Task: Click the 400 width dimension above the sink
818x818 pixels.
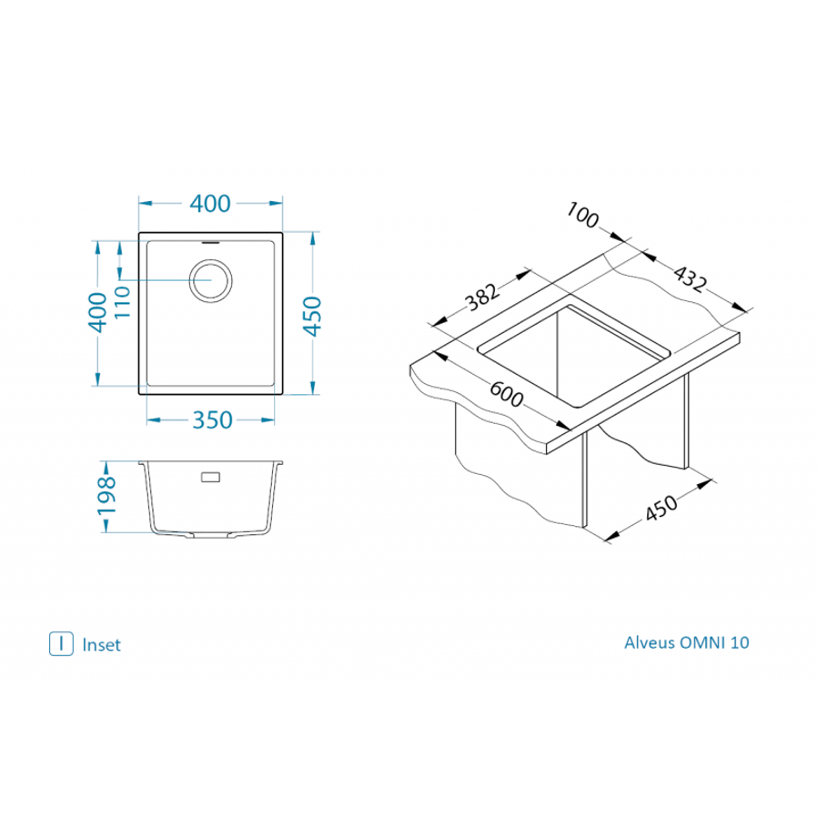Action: (210, 204)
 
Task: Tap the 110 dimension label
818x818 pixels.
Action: (122, 301)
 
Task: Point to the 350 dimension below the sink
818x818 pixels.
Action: (211, 420)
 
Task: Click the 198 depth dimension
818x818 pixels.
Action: (107, 495)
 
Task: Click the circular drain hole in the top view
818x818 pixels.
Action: (211, 278)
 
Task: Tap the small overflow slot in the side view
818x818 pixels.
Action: (211, 476)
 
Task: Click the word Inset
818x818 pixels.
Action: (101, 645)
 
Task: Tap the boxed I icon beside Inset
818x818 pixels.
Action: (61, 643)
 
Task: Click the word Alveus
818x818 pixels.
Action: (650, 642)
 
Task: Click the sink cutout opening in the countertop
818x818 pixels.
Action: (575, 355)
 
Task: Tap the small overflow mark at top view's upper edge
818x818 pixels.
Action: (210, 243)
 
